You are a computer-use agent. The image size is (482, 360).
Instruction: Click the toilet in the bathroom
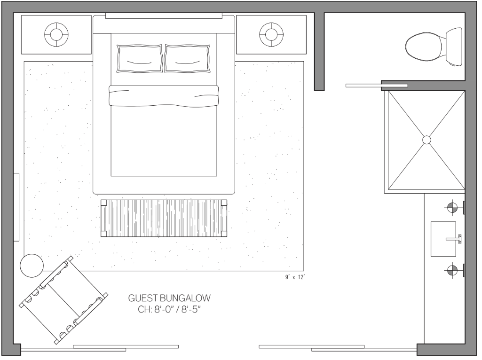pyautogui.click(x=434, y=47)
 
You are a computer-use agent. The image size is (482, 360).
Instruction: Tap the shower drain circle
pyautogui.click(x=427, y=140)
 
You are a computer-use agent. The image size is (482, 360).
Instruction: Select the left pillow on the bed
pyautogui.click(x=140, y=58)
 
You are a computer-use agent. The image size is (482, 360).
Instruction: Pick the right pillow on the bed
pyautogui.click(x=187, y=58)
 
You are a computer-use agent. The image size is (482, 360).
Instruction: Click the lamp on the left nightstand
pyautogui.click(x=56, y=34)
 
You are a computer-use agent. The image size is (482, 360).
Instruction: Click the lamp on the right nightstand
pyautogui.click(x=271, y=34)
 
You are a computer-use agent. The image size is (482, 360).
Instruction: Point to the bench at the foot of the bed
pyautogui.click(x=164, y=218)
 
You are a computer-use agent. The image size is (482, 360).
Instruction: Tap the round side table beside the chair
pyautogui.click(x=32, y=266)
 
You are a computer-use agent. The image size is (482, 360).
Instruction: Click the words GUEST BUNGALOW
pyautogui.click(x=169, y=298)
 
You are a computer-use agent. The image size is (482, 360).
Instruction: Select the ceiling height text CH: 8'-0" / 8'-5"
pyautogui.click(x=169, y=309)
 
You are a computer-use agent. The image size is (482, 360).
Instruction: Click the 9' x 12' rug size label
pyautogui.click(x=294, y=277)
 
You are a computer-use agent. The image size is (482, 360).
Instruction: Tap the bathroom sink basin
pyautogui.click(x=443, y=239)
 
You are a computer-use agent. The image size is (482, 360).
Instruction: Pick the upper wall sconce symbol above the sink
pyautogui.click(x=452, y=208)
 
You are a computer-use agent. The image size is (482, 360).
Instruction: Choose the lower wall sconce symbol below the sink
pyautogui.click(x=452, y=270)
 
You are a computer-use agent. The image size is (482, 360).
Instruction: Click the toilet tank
pyautogui.click(x=454, y=47)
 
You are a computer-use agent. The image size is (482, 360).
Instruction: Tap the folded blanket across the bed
pyautogui.click(x=164, y=96)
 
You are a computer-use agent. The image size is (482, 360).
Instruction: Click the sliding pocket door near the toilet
pyautogui.click(x=377, y=86)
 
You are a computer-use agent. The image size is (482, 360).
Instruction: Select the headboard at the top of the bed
pyautogui.click(x=164, y=24)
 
